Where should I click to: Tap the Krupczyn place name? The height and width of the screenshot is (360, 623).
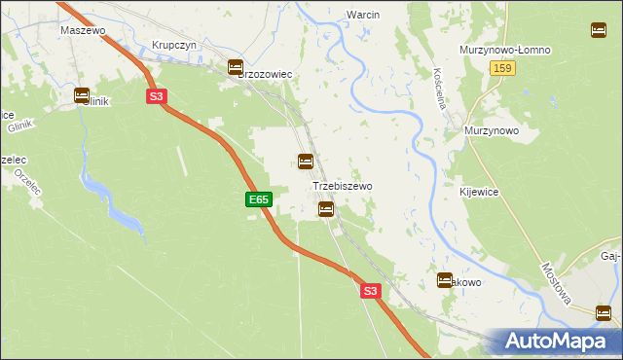pos(175,46)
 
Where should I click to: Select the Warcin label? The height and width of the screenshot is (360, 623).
pos(361,15)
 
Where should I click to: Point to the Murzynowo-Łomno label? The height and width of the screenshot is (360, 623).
pos(505,50)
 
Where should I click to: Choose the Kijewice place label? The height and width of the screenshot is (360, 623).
pos(479,193)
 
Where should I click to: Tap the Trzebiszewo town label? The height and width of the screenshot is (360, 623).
pos(342,185)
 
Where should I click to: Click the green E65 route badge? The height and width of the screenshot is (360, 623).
pos(258,199)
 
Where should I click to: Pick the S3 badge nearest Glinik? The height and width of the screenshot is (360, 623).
pos(158,95)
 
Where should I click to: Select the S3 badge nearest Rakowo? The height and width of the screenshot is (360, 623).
pos(369,290)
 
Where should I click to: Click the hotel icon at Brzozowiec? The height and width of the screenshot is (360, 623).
pos(236,67)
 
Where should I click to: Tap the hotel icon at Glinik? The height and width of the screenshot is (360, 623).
pos(83,95)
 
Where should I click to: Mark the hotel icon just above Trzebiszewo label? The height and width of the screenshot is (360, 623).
pos(306,161)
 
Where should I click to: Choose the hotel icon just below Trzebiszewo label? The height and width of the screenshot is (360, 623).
pos(326,208)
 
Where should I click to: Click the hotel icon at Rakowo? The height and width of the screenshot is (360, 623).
pos(445,280)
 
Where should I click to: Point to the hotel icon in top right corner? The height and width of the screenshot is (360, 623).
pos(598,29)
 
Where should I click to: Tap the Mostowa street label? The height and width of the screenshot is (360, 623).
pos(558,282)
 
